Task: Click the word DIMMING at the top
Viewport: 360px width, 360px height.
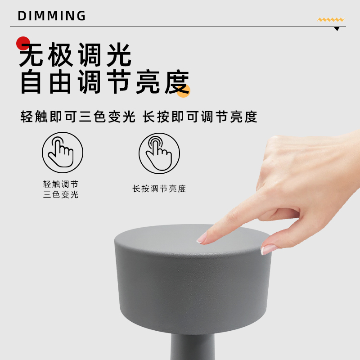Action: (52, 16)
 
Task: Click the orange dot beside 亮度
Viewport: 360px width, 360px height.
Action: (184, 91)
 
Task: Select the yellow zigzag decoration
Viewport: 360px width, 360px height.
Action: (331, 20)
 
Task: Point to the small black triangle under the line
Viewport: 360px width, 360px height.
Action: (337, 29)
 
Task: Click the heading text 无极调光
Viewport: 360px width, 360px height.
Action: (75, 54)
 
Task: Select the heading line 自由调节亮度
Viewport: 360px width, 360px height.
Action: (105, 82)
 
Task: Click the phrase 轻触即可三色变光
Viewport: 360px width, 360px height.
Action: (78, 117)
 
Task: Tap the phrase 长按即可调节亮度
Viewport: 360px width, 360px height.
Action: (200, 117)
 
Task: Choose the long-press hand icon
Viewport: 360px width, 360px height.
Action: (159, 153)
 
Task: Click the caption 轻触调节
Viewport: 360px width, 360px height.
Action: (61, 184)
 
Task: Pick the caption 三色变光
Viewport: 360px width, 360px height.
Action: (61, 195)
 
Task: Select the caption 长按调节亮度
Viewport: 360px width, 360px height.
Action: (159, 189)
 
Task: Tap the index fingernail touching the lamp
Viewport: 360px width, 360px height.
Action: (202, 238)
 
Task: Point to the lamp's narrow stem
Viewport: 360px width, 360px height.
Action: (193, 346)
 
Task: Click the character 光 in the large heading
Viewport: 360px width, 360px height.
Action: (119, 54)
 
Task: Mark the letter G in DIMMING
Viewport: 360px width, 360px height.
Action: (81, 16)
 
